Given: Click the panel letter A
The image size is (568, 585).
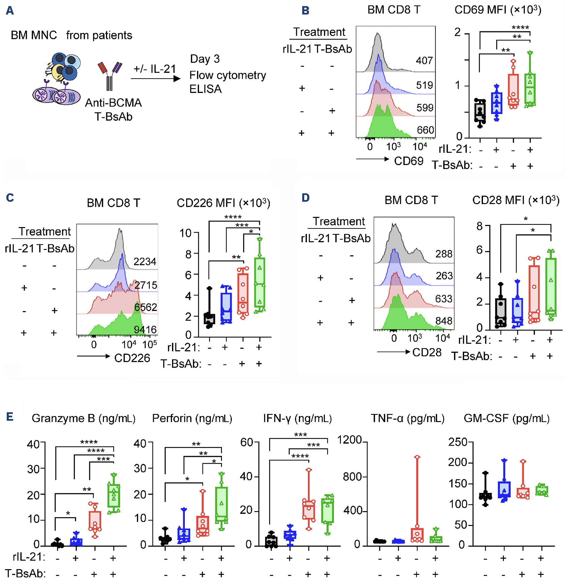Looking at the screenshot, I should (x=10, y=10).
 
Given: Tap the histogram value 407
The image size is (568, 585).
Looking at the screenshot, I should (x=424, y=61).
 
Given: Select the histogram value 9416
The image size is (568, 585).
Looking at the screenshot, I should (x=145, y=330).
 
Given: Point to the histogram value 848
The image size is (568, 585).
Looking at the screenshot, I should (x=444, y=321).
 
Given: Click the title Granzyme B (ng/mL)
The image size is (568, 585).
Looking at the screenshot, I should (x=83, y=419).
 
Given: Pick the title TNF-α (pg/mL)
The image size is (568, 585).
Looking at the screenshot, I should (x=407, y=419).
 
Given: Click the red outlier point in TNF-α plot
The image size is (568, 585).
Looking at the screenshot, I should (x=417, y=457).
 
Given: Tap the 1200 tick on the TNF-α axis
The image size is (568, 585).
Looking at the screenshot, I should (x=349, y=440).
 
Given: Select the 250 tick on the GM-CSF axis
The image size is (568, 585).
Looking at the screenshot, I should (x=457, y=442).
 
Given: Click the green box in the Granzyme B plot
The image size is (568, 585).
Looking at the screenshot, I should (x=114, y=496).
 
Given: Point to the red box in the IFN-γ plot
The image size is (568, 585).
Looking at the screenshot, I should (x=309, y=510).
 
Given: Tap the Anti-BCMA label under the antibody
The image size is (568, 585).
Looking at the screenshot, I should (x=113, y=103).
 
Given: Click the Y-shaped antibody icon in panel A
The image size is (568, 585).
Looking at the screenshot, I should (x=109, y=76).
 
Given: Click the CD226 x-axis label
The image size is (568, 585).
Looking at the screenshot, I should (x=132, y=358).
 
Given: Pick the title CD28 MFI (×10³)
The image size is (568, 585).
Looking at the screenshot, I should (x=516, y=200).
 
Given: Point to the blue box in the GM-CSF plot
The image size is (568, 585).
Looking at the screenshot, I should (x=504, y=490).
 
